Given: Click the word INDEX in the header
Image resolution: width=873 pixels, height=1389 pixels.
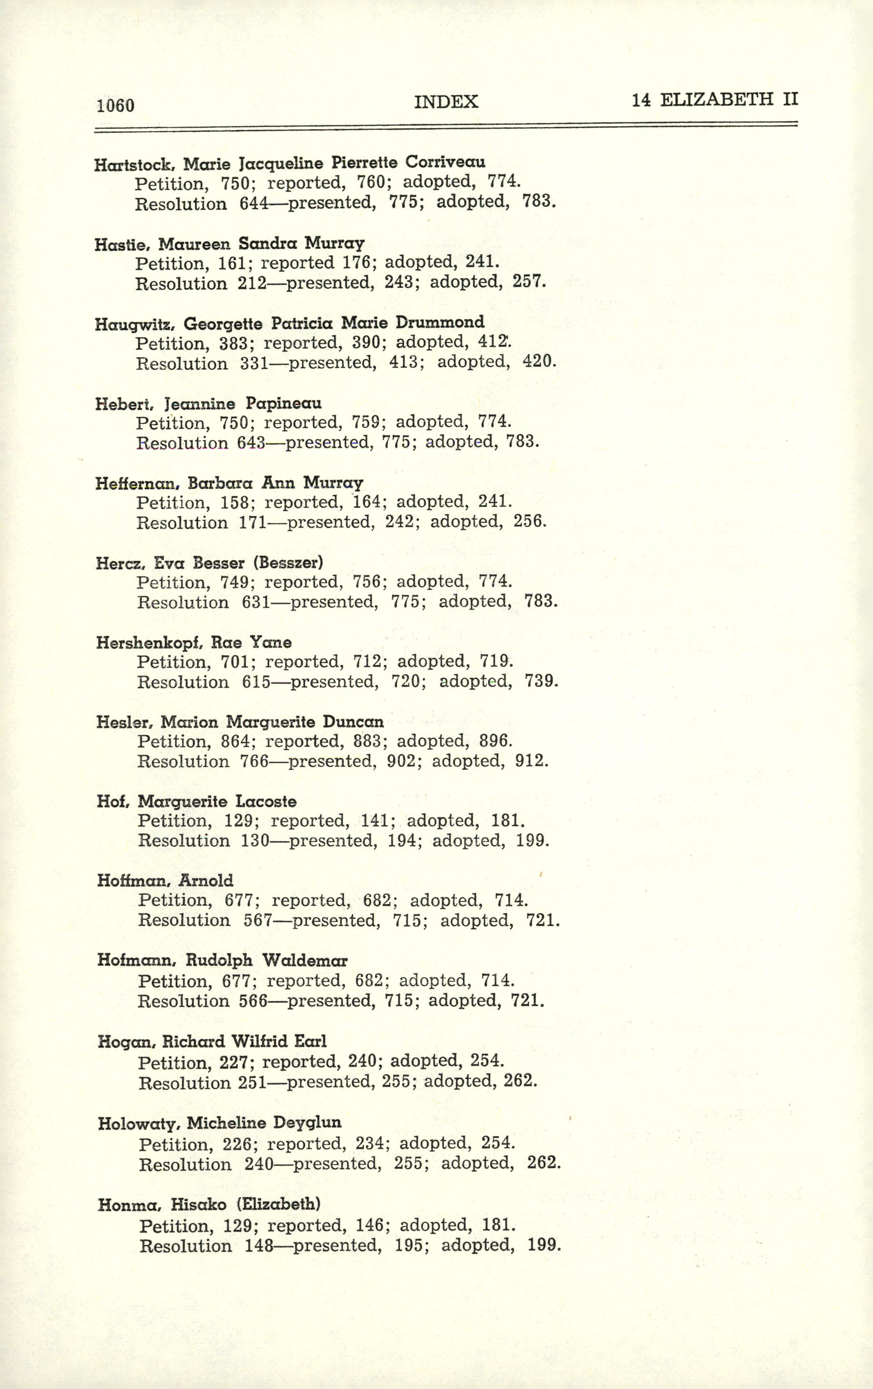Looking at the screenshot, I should coord(446,101).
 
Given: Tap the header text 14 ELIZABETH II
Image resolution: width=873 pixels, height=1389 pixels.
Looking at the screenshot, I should coord(714,100).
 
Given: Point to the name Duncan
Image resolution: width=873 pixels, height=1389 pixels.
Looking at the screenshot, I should coord(353,722).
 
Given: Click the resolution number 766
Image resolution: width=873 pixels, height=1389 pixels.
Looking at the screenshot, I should coord(254,761).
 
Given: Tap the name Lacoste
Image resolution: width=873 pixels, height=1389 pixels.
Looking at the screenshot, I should coord(266,801).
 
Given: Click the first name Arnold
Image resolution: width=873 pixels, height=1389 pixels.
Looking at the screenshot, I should coord(206,881).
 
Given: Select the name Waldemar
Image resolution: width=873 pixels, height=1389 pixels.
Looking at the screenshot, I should coord(305,960).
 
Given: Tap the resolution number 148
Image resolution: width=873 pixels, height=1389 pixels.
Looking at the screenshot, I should coord(259,1245).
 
